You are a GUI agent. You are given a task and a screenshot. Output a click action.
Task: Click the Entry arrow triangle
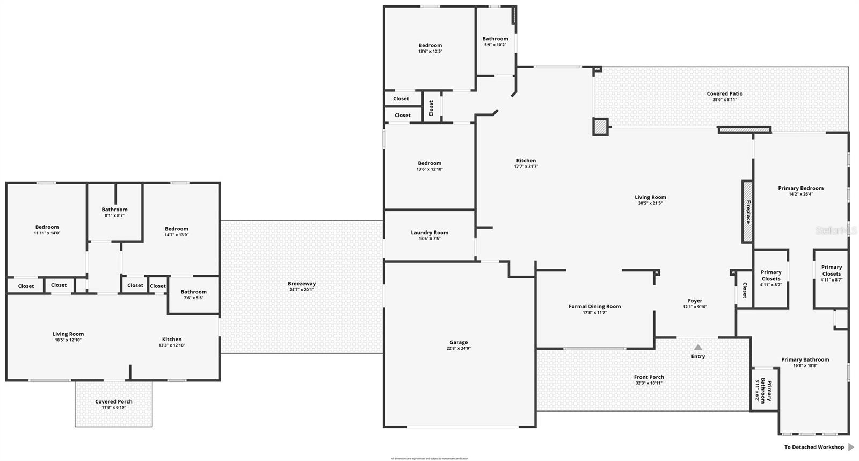click(x=698, y=347)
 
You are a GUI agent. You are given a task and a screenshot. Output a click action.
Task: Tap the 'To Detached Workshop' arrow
click(x=851, y=447)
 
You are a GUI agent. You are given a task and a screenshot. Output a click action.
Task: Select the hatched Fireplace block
click(x=747, y=212)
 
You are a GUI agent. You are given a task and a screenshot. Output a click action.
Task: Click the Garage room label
click(x=458, y=342)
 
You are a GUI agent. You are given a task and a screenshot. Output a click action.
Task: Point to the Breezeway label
click(x=302, y=284)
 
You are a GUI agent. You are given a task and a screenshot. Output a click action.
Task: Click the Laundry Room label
click(x=429, y=233)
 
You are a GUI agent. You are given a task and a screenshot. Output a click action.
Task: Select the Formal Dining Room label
click(x=594, y=307)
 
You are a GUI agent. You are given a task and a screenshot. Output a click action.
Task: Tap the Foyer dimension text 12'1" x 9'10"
click(x=695, y=307)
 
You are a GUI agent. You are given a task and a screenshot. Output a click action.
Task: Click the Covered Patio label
click(x=724, y=94)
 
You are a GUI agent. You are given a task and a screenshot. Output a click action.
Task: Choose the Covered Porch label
click(x=114, y=401)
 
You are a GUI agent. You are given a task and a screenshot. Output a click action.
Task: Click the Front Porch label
click(x=649, y=377)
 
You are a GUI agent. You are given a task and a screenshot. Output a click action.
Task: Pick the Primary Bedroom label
click(x=800, y=188)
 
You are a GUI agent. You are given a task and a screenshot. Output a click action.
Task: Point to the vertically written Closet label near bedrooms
click(x=431, y=108)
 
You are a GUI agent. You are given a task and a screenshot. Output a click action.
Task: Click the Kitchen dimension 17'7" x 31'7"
click(x=526, y=167)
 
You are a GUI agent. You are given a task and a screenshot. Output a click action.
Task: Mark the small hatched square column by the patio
click(x=600, y=127)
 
